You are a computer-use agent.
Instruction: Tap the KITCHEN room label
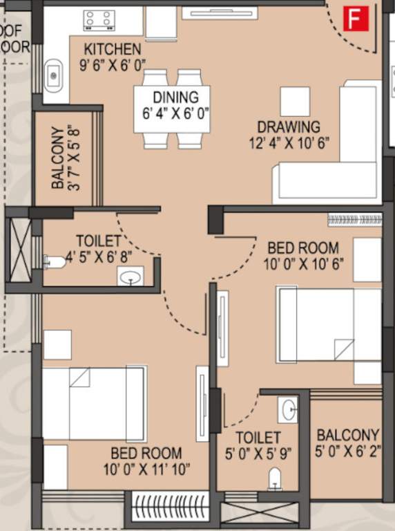[112, 50]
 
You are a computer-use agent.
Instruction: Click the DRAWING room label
[289, 127]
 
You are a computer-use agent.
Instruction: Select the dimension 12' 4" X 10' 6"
[289, 143]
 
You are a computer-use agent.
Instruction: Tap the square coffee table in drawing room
[295, 102]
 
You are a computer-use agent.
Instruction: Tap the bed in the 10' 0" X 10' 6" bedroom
[328, 324]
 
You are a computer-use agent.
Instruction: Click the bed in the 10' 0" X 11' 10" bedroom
[94, 404]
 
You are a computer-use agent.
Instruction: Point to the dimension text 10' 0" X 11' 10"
[146, 470]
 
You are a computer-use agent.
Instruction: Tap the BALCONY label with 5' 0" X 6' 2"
[347, 436]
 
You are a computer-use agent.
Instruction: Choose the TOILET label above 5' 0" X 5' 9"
[258, 438]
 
